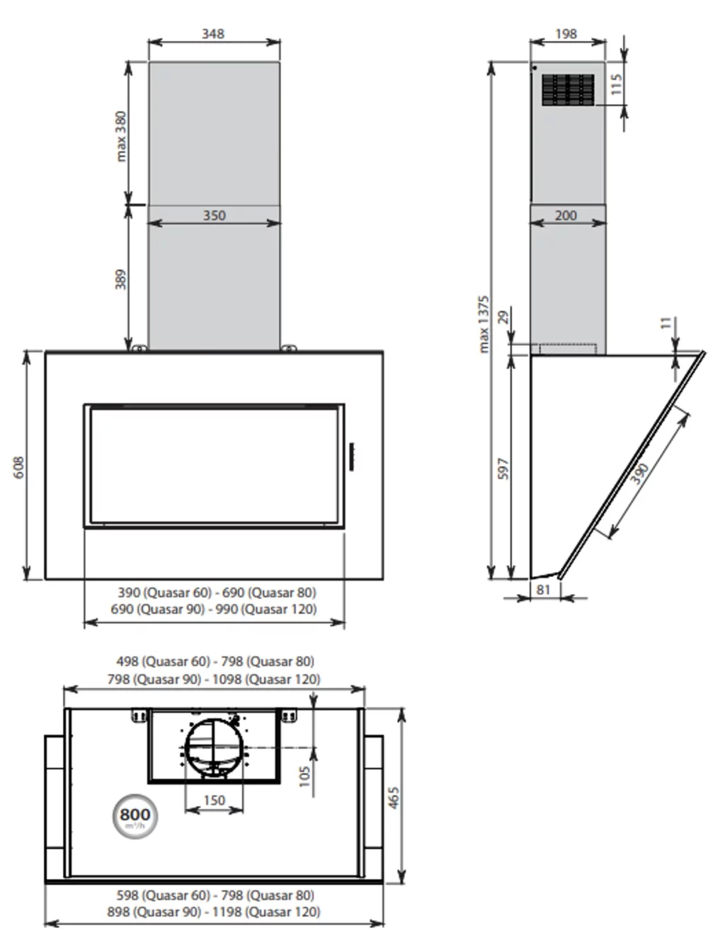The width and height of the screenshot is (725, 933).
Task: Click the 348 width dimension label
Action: coord(213,33)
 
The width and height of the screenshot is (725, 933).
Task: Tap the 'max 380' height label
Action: coord(122,136)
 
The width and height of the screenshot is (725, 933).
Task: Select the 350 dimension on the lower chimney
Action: coord(215,215)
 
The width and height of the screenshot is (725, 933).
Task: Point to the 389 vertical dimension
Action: coord(121,279)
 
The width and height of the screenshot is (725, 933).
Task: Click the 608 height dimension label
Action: coord(19,468)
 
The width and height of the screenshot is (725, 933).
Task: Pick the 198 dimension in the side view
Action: coord(566,33)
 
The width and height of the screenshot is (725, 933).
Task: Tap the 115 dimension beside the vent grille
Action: coord(616,84)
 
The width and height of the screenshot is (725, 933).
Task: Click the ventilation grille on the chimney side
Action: coord(568,90)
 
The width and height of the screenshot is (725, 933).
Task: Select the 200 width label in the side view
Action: coord(566,215)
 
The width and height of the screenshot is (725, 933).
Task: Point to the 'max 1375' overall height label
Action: coord(484,324)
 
